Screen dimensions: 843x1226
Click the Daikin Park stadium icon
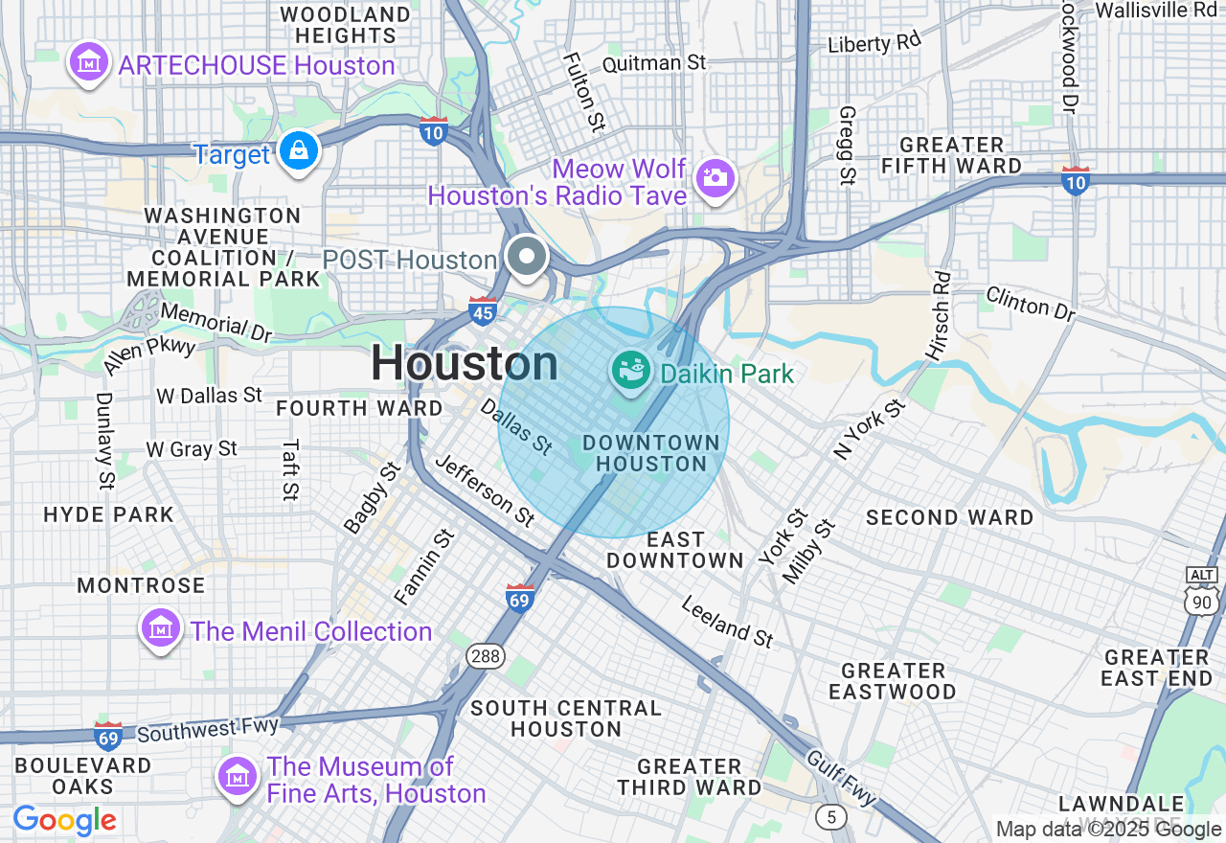coord(632,371)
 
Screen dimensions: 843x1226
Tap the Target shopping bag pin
coord(299,151)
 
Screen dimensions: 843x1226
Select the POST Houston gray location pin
coord(527,257)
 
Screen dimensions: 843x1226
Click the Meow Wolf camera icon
coord(715,177)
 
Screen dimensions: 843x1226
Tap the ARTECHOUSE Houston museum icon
coord(88,63)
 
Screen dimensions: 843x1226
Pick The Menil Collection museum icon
coord(160,628)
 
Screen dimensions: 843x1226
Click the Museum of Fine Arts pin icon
coord(237,776)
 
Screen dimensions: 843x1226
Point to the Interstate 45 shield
coord(483,310)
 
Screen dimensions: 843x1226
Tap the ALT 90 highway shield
coord(1201,590)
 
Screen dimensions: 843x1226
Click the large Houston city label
coord(465,363)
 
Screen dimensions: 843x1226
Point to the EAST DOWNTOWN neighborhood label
coord(675,550)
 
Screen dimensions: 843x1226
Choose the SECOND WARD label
coord(949,517)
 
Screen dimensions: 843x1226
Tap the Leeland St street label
coord(727,621)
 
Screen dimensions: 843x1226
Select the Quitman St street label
coord(653,63)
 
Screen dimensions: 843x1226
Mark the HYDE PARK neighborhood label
coord(109,514)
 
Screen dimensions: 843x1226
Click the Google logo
coord(65,820)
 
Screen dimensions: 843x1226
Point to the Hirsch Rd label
coord(939,316)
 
